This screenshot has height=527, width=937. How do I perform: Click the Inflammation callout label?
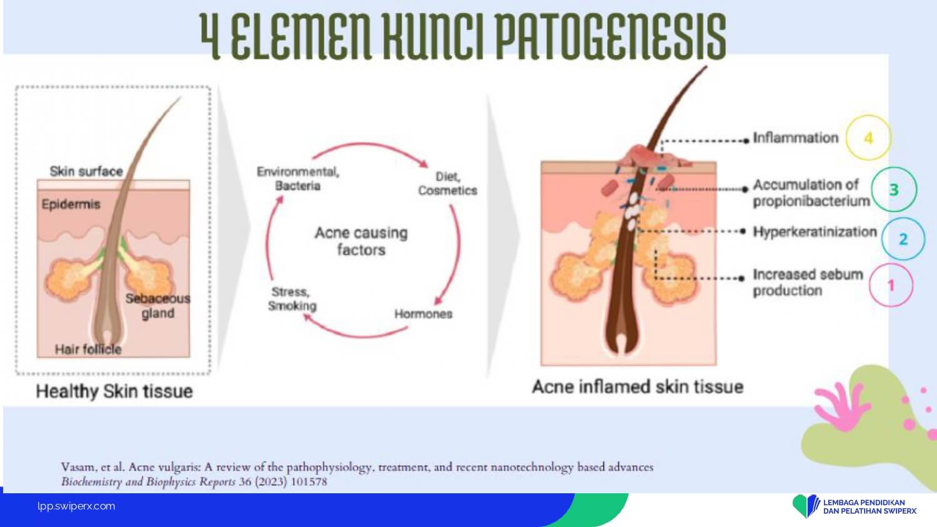tap(796, 137)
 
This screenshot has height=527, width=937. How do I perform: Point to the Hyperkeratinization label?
tap(815, 232)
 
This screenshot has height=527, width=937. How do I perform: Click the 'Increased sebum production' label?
tap(808, 282)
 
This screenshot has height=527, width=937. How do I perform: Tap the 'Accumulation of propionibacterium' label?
tap(811, 193)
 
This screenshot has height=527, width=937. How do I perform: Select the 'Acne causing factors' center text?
tap(361, 241)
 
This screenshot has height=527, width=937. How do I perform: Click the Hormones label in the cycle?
tap(424, 313)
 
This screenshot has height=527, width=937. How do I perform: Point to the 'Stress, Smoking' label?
tap(292, 298)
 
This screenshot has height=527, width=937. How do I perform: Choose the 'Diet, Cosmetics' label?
tap(448, 183)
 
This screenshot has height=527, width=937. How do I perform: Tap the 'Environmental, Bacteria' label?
tap(298, 179)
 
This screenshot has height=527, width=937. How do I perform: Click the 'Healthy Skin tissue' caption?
tap(114, 392)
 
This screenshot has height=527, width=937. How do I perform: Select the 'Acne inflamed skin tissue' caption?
tap(638, 387)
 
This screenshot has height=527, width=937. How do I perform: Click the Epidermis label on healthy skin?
tap(71, 204)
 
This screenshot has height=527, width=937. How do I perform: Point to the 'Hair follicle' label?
tap(88, 349)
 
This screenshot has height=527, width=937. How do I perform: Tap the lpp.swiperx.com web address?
tap(76, 506)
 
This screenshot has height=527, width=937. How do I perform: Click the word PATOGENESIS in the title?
tap(612, 36)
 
